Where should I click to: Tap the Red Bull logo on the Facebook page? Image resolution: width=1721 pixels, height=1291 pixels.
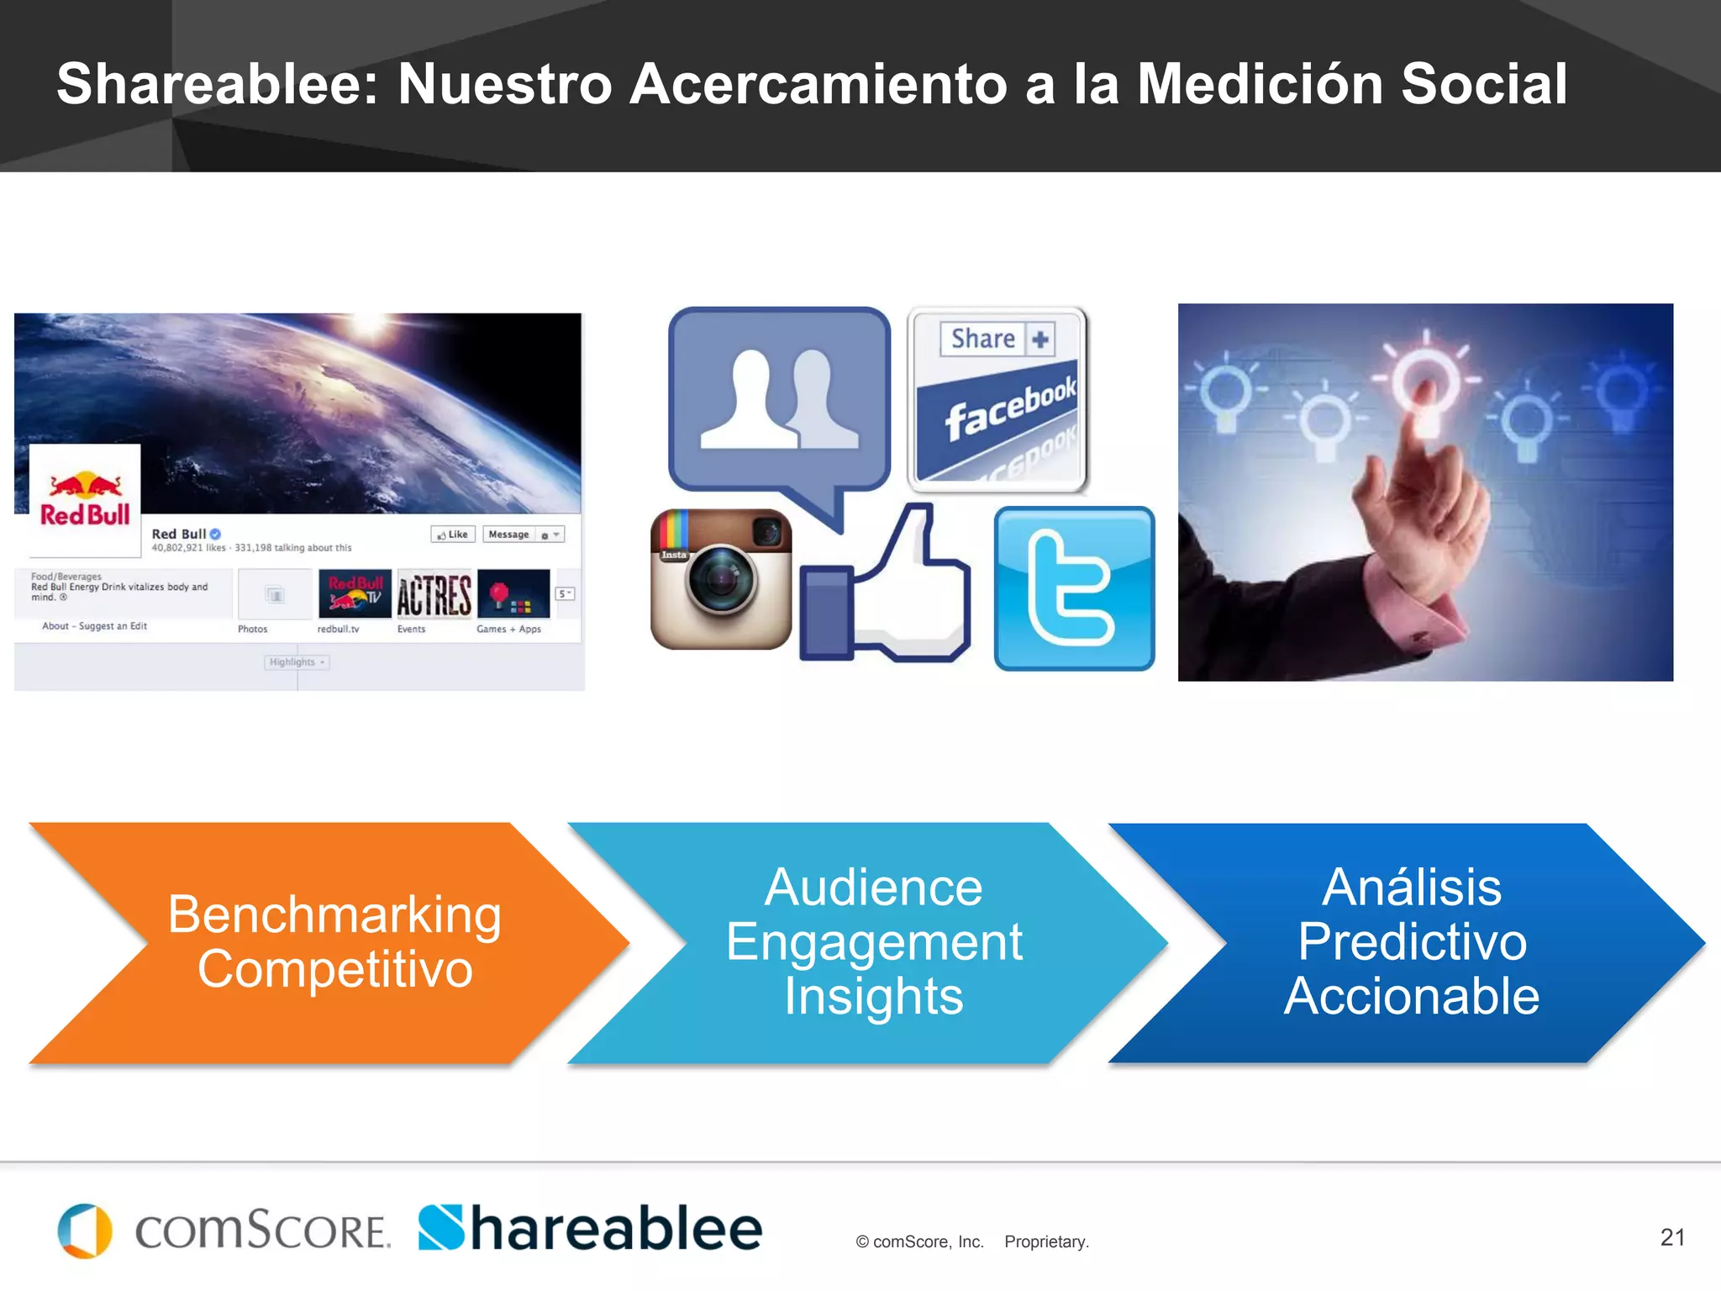85,500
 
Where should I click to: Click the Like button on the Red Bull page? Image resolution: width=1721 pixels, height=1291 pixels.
454,535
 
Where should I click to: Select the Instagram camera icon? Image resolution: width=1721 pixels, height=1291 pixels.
721,579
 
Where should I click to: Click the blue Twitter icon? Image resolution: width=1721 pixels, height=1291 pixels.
1074,588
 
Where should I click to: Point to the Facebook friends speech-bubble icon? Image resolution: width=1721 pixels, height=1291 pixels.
779,403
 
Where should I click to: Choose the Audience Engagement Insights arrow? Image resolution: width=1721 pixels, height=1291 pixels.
874,942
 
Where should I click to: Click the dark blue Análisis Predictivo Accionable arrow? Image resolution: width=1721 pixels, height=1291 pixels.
1412,942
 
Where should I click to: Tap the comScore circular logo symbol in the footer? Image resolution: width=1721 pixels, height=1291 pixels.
85,1230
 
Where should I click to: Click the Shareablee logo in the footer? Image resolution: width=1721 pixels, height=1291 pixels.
590,1229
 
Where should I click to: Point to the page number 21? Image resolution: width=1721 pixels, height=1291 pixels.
1672,1237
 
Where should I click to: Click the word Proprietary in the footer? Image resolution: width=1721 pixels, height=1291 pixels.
1046,1242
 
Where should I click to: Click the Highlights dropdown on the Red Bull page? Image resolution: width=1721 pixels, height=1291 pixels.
297,662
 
